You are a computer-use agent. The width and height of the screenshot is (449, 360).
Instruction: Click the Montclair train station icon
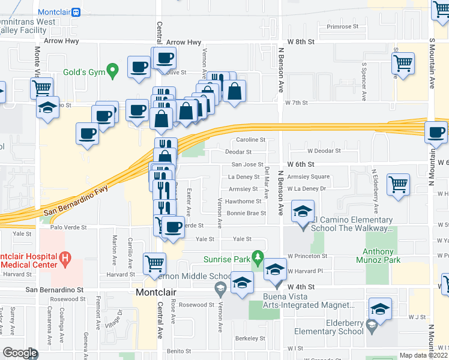click(x=76, y=12)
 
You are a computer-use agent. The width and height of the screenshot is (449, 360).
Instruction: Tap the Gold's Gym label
click(x=83, y=73)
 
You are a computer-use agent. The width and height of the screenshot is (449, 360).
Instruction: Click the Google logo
click(x=20, y=353)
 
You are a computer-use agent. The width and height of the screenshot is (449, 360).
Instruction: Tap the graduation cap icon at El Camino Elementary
click(x=303, y=211)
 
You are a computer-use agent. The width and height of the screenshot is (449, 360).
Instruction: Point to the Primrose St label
click(x=342, y=26)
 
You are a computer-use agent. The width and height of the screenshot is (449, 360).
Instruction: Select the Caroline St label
click(x=250, y=140)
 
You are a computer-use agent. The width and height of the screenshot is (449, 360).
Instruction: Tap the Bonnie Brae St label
click(x=246, y=213)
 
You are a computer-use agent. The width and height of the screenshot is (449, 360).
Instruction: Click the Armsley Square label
click(x=309, y=176)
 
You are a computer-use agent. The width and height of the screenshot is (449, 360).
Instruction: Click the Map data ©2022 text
click(x=423, y=355)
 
